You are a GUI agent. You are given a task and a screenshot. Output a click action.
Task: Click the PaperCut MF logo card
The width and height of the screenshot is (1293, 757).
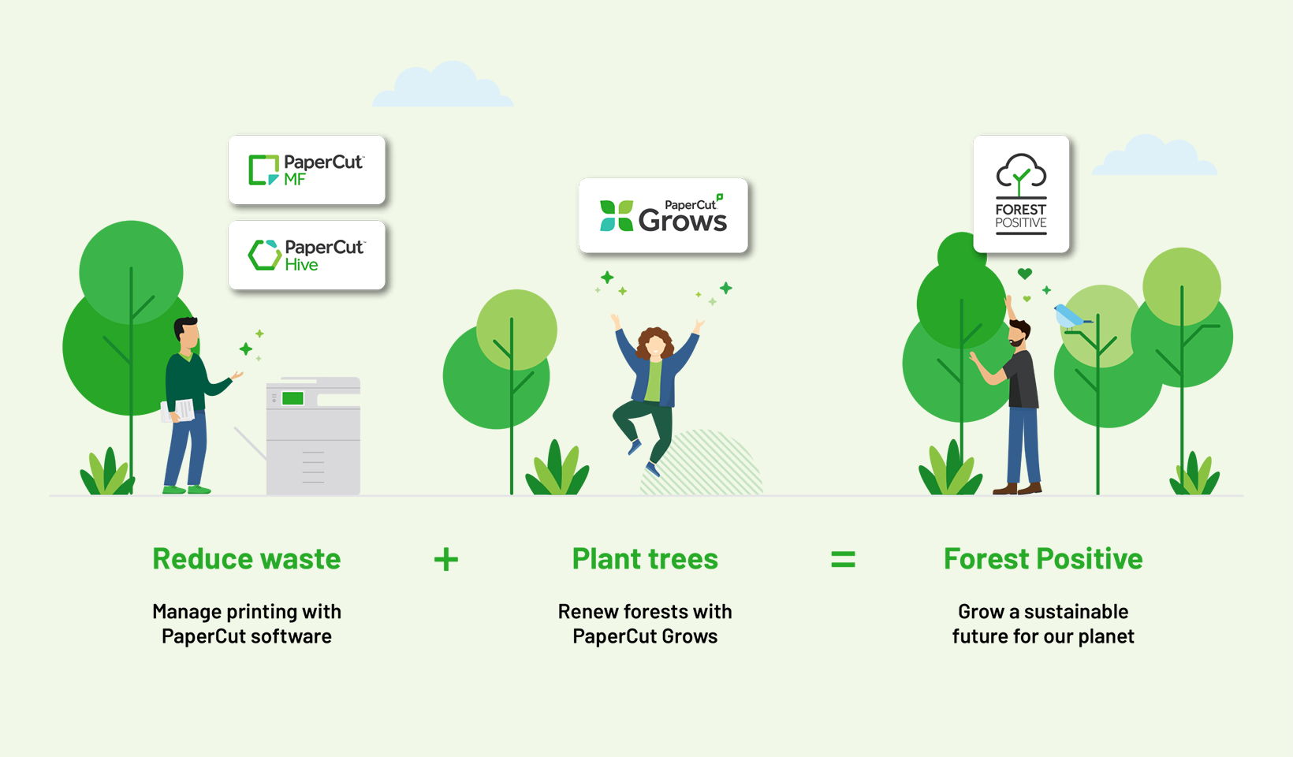point(307,170)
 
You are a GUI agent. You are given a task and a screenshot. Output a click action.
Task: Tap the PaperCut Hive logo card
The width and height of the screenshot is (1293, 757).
point(307,255)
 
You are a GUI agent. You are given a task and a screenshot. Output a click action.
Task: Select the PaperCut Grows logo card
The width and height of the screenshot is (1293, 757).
point(663,215)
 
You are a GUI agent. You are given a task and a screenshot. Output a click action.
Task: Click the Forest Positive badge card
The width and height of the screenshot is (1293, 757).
point(1021,194)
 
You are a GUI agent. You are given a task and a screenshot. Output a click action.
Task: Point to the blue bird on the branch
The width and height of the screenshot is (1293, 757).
point(1071,317)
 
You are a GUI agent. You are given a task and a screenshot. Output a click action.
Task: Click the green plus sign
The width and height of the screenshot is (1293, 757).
point(446,560)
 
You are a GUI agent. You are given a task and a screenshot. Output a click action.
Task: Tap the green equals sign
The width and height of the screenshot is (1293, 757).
point(844,560)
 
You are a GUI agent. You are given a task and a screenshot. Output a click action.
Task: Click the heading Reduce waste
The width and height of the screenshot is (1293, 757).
point(247,559)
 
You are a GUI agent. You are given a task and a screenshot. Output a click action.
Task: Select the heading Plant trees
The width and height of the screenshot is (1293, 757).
point(645,559)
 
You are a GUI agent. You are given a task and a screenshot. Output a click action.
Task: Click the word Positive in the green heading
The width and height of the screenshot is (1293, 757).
point(1090,559)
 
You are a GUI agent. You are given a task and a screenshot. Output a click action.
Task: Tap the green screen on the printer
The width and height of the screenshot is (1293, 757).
point(293,398)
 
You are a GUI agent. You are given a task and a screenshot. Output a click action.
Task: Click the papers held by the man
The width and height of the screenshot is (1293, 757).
point(178,411)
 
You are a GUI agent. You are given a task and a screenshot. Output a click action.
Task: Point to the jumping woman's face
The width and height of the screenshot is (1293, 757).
point(655,346)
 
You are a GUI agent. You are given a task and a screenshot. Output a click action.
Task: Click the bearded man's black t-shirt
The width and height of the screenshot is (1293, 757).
point(1023,379)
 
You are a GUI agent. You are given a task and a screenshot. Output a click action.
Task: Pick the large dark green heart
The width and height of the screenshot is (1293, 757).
point(1025,274)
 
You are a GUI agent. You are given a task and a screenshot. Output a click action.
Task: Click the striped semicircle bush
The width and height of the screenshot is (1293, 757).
point(702,463)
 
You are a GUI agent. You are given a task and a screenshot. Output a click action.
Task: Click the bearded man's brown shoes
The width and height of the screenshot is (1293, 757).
point(1017,488)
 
